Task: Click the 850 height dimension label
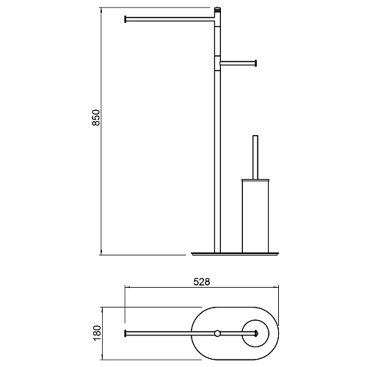pos(96,117)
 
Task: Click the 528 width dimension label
pos(202,282)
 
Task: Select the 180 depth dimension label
pos(97,333)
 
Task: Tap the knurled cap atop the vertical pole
pos(217,10)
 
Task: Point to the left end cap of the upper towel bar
pos(126,19)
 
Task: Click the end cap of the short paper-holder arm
pos(255,63)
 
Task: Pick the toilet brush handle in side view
pos(255,157)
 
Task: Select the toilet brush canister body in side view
pos(255,217)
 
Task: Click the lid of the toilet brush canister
pos(255,181)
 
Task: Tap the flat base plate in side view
pos(235,253)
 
